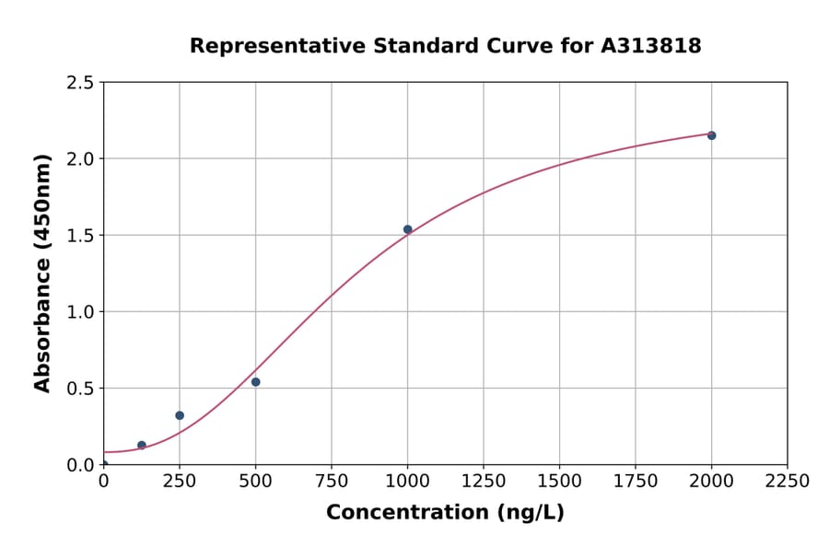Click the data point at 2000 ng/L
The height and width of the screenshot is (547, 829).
pyautogui.click(x=711, y=135)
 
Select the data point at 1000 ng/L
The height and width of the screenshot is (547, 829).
pyautogui.click(x=407, y=229)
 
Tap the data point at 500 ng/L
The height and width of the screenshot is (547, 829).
pyautogui.click(x=255, y=381)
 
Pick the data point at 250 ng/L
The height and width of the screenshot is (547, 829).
pyautogui.click(x=180, y=415)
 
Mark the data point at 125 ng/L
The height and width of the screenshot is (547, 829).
pyautogui.click(x=142, y=445)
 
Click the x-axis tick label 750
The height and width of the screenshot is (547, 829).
pyautogui.click(x=332, y=482)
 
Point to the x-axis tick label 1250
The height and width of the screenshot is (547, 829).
pyautogui.click(x=484, y=482)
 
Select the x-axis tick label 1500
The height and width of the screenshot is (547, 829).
pyautogui.click(x=559, y=482)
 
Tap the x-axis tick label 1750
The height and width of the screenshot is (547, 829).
pyautogui.click(x=636, y=482)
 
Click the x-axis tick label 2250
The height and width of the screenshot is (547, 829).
pyautogui.click(x=788, y=482)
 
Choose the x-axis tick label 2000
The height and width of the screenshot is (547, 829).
pyautogui.click(x=711, y=482)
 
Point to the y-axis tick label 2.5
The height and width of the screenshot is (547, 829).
pyautogui.click(x=80, y=83)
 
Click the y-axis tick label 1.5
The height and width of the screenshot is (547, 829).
pyautogui.click(x=80, y=236)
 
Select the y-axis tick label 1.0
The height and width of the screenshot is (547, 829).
pyautogui.click(x=80, y=312)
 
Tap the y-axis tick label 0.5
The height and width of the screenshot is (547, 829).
pyautogui.click(x=80, y=389)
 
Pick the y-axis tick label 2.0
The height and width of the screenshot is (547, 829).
pyautogui.click(x=80, y=159)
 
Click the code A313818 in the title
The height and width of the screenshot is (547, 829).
pyautogui.click(x=651, y=46)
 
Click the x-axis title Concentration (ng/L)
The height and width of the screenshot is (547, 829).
pyautogui.click(x=445, y=513)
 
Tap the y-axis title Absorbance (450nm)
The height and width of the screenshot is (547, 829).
pyautogui.click(x=42, y=273)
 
